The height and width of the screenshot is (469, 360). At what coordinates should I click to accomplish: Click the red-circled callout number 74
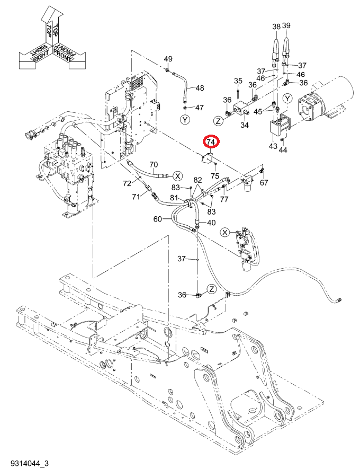pyautogui.click(x=211, y=142)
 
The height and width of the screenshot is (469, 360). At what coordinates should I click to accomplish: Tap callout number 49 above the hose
pyautogui.click(x=168, y=59)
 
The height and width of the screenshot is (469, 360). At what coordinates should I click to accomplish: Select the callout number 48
pyautogui.click(x=200, y=88)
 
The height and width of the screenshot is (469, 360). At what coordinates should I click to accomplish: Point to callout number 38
pyautogui.click(x=276, y=26)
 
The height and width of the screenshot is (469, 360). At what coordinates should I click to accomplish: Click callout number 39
pyautogui.click(x=286, y=25)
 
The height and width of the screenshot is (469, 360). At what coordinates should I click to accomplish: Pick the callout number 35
pyautogui.click(x=238, y=81)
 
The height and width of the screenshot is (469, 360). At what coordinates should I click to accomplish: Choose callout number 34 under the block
pyautogui.click(x=245, y=125)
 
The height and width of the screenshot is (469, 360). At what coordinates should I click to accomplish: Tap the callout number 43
pyautogui.click(x=273, y=146)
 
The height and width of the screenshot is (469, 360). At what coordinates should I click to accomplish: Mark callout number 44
pyautogui.click(x=283, y=149)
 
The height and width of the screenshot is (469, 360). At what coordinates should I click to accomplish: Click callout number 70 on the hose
pyautogui.click(x=154, y=164)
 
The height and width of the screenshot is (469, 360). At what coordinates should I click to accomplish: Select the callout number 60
pyautogui.click(x=157, y=219)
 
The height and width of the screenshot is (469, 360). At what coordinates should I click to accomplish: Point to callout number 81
pyautogui.click(x=175, y=198)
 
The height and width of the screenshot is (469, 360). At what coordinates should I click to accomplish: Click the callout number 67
pyautogui.click(x=264, y=182)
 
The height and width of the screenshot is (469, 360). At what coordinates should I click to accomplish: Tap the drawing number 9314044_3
pyautogui.click(x=30, y=464)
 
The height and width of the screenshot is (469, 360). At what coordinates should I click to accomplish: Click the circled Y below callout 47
pyautogui.click(x=185, y=120)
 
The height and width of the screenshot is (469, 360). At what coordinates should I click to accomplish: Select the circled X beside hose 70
pyautogui.click(x=178, y=176)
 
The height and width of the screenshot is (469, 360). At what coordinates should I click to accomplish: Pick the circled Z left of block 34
pyautogui.click(x=219, y=121)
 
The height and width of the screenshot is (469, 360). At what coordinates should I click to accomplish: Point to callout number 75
pyautogui.click(x=215, y=176)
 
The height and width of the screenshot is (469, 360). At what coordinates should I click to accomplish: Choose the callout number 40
pyautogui.click(x=211, y=223)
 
